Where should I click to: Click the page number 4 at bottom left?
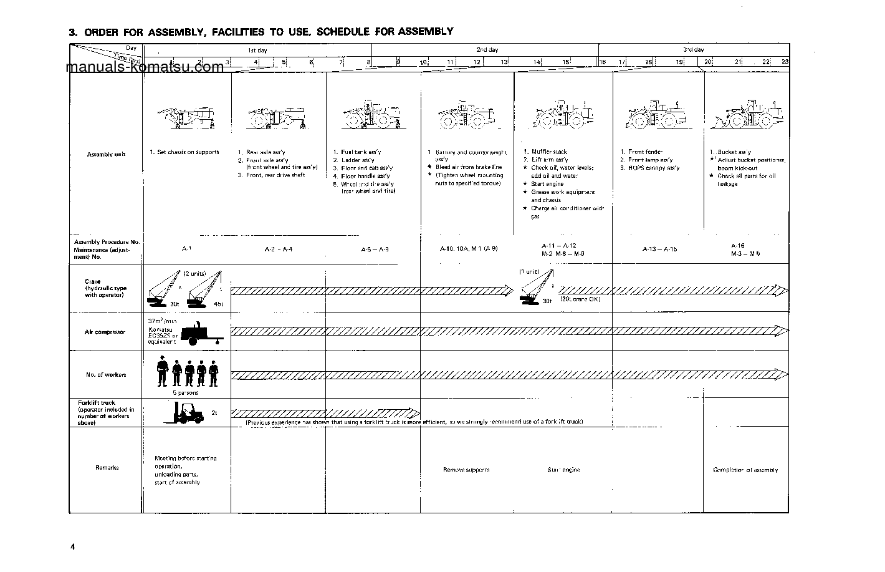(72, 548)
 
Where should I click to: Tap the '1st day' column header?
(257, 50)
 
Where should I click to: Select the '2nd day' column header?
(487, 50)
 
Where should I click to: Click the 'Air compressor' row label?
(105, 332)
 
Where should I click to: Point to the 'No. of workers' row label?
(106, 375)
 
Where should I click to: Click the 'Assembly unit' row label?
(107, 155)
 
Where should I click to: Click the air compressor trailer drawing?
(201, 334)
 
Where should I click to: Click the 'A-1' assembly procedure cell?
(186, 249)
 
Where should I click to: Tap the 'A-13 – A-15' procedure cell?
(659, 249)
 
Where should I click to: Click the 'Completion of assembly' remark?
(745, 470)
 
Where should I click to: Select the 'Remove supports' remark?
(466, 470)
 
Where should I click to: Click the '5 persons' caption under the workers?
(185, 393)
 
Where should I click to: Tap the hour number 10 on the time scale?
(423, 62)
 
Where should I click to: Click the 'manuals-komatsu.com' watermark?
(144, 67)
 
